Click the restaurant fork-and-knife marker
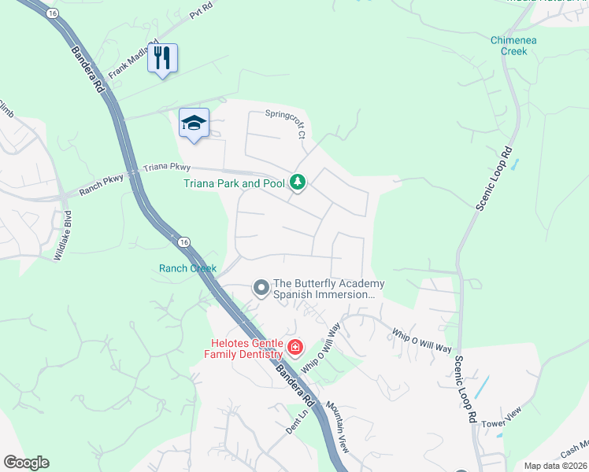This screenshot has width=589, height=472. (x=162, y=58)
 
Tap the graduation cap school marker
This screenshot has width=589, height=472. (x=194, y=124)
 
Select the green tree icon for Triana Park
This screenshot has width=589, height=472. (x=297, y=183)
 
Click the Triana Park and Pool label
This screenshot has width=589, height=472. (x=234, y=184)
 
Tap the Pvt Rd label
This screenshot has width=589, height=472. (x=202, y=9)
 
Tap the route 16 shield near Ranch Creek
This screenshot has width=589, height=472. (x=183, y=242)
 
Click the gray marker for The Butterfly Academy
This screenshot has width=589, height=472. (x=261, y=289)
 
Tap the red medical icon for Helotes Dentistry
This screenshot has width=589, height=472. (x=294, y=347)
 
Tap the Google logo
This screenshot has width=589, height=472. (x=26, y=463)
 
